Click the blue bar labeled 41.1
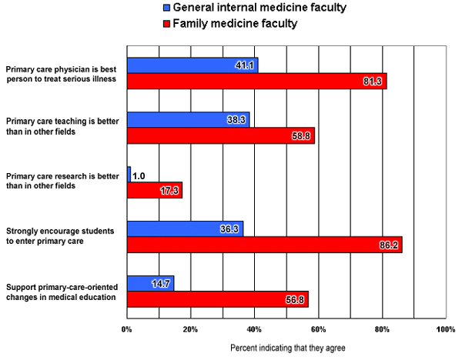(192, 65)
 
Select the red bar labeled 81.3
(256, 82)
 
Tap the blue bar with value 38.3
(188, 120)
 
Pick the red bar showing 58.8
(220, 136)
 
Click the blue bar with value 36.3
(185, 228)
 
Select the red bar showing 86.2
(264, 245)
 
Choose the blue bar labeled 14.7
(150, 282)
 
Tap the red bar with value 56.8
(217, 298)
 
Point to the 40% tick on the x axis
(255, 330)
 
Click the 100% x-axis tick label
(445, 330)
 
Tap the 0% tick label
(127, 330)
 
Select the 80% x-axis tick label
(383, 330)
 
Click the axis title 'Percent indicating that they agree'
(288, 348)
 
